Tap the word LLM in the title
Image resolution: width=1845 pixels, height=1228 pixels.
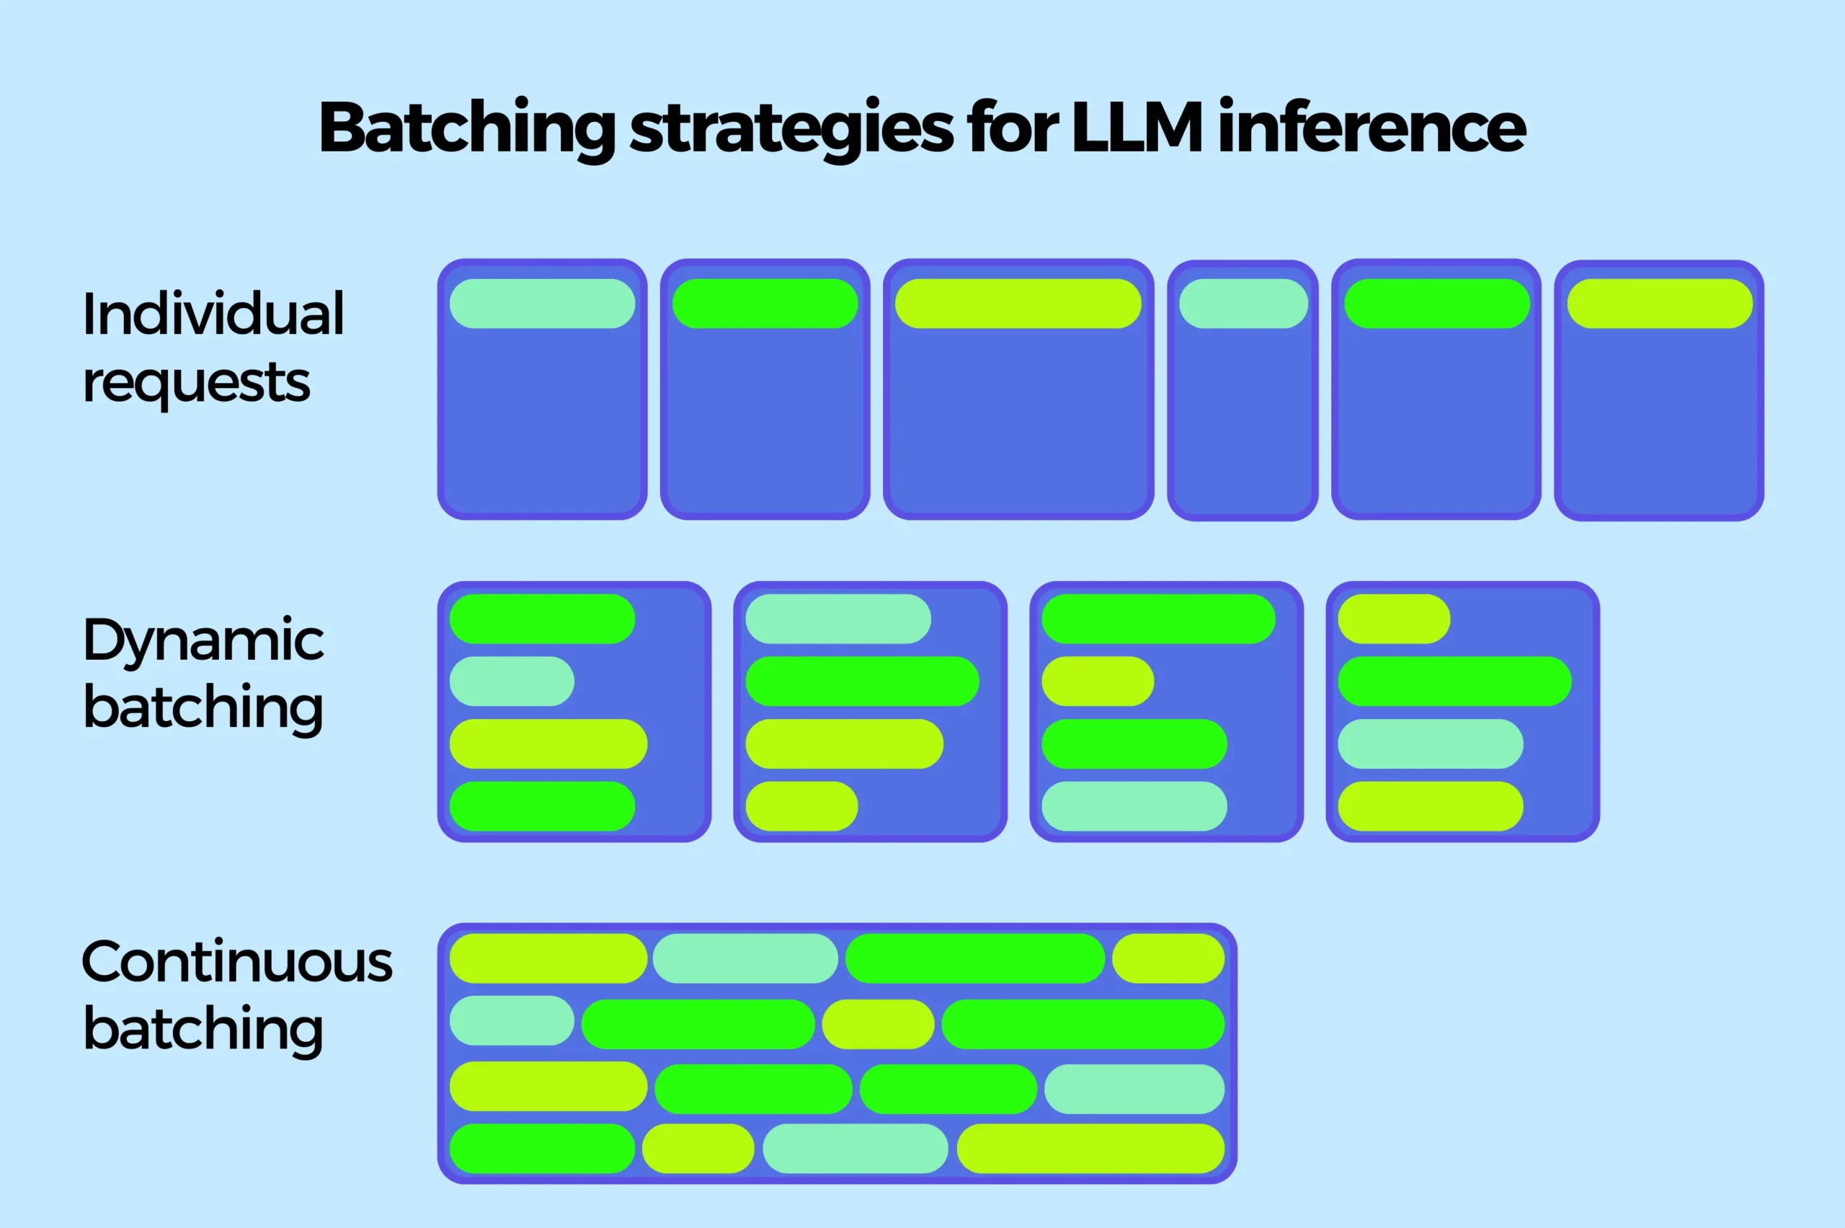(1137, 127)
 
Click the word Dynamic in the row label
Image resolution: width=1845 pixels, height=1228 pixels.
(203, 640)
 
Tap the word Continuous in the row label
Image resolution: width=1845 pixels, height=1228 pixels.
(236, 962)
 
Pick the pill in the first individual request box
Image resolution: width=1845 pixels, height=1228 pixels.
(542, 303)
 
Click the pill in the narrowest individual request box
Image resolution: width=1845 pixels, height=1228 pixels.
(1243, 303)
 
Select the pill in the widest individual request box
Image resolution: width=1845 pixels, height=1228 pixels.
(1018, 303)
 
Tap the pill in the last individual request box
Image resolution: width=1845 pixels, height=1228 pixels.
(1660, 303)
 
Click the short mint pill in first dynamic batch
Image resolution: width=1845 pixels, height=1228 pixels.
(511, 681)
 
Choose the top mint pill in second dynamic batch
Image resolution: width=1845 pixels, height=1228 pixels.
(837, 619)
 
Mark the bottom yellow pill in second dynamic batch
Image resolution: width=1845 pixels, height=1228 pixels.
(801, 806)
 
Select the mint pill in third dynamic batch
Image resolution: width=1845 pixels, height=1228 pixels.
(1134, 806)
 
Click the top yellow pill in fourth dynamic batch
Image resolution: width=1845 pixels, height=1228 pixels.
(1393, 619)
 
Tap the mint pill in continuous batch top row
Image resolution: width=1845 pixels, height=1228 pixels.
(744, 958)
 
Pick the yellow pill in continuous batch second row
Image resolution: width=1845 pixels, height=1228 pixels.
(878, 1024)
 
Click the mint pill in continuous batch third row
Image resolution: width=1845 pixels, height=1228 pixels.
(1134, 1089)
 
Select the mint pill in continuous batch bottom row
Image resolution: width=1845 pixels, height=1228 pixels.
(855, 1148)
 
